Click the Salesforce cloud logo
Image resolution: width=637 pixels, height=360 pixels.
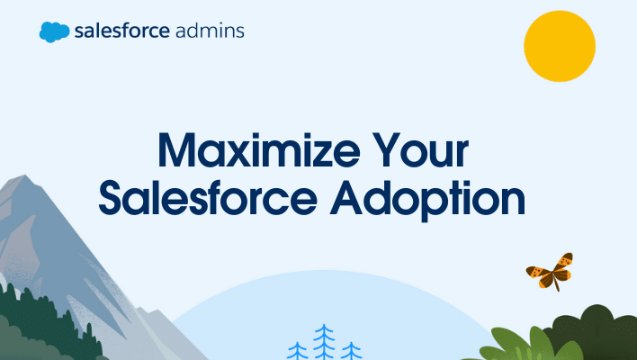pos(54,31)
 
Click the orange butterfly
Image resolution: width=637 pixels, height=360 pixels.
pos(550,269)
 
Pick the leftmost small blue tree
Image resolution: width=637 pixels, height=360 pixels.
pos(296,350)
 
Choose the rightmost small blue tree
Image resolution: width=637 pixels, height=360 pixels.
pos(351,351)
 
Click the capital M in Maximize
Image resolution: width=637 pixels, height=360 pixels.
pos(179,152)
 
